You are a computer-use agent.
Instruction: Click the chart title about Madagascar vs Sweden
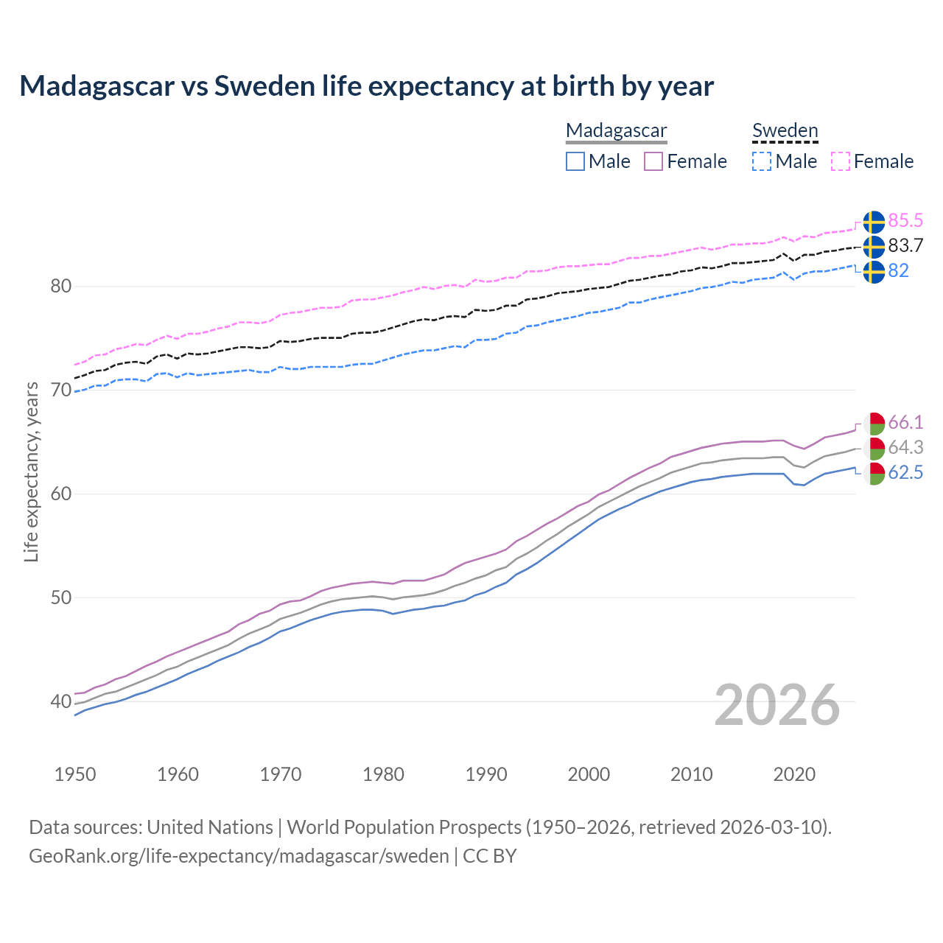[x=366, y=86]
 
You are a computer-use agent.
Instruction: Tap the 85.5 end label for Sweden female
[x=905, y=221]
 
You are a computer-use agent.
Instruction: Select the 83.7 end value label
[x=905, y=246]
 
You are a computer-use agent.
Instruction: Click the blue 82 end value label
[x=898, y=271]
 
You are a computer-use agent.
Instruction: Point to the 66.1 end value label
[x=905, y=423]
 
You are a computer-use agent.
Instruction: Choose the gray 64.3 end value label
[x=905, y=448]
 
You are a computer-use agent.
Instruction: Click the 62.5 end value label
[x=905, y=473]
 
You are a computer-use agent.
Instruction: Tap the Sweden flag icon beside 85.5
[x=874, y=222]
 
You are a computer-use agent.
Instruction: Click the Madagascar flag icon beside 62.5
[x=874, y=474]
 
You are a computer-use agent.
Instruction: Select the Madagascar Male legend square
[x=575, y=161]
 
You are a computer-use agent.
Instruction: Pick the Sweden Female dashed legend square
[x=841, y=161]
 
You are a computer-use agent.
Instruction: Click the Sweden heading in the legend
[x=785, y=130]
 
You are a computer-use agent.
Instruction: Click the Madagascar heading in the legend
[x=616, y=130]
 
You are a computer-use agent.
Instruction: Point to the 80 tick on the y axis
[x=60, y=286]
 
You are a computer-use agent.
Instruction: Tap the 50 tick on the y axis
[x=60, y=597]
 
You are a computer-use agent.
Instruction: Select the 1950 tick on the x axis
[x=75, y=774]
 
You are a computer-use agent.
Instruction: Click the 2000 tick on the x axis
[x=588, y=774]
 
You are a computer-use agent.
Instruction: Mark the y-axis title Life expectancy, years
[x=31, y=471]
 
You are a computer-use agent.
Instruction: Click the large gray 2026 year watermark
[x=777, y=705]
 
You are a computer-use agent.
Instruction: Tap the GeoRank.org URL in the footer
[x=239, y=856]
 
